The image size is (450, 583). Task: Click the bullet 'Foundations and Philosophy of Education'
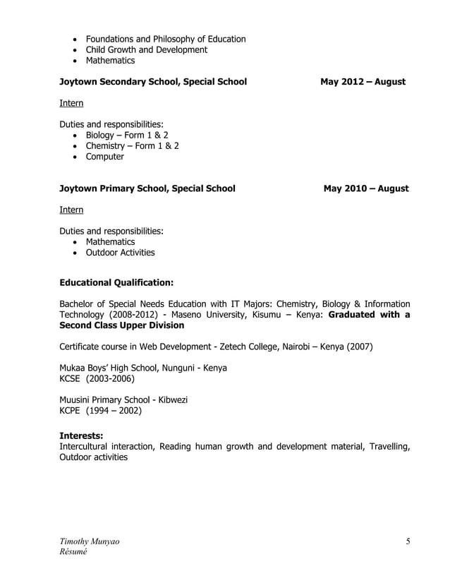166,39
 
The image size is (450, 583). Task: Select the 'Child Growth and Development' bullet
147,50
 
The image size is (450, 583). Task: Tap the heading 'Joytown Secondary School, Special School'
153,82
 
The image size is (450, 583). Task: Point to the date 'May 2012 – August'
363,82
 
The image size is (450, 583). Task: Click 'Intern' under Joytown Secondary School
71,103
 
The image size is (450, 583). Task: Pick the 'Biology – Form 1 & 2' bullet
127,135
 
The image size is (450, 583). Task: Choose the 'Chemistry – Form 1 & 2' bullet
132,145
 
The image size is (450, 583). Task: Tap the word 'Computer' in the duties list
104,157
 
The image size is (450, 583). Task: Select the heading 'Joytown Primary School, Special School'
147,188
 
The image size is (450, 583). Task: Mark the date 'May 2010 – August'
365,188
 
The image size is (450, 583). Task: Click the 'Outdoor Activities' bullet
120,253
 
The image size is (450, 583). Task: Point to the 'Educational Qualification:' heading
116,282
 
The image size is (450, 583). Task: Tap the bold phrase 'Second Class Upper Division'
121,325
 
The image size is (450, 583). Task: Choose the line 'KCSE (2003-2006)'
97,378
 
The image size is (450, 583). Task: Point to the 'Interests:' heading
81,436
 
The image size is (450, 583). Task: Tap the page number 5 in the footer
408,541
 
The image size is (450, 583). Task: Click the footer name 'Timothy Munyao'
89,541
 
